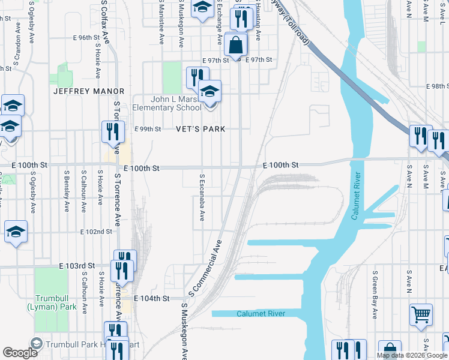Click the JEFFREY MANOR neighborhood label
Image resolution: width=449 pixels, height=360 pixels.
[x=89, y=91]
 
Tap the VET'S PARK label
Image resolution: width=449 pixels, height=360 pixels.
[x=200, y=129]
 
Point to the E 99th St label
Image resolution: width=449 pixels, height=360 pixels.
[x=148, y=129]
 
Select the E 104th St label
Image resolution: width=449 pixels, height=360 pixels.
[x=152, y=298]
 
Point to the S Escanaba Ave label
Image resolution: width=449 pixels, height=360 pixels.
[x=202, y=197]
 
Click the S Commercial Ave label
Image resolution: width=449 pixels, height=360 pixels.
[x=206, y=268]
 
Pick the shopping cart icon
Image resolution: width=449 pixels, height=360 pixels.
[x=421, y=314]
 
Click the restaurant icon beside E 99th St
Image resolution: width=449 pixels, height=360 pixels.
[x=113, y=131]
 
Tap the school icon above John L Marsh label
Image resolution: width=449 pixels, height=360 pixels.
[x=209, y=91]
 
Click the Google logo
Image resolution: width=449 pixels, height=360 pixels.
[x=20, y=353]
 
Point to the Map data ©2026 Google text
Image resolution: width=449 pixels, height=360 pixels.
[x=412, y=355]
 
